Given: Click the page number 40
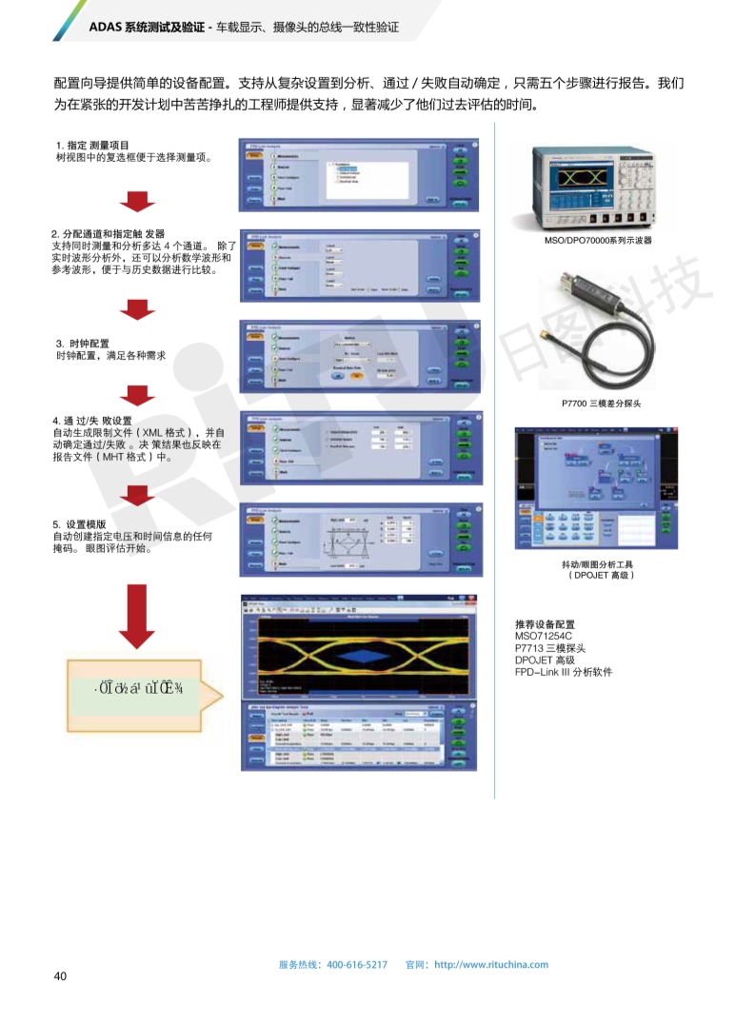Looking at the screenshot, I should (60, 976).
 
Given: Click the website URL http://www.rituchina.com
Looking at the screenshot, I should (491, 964).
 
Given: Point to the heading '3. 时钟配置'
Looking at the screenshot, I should (83, 343).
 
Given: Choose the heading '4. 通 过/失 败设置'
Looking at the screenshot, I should (92, 421).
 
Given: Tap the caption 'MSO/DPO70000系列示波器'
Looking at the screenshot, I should (599, 241).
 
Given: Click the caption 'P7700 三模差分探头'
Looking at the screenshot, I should (602, 404).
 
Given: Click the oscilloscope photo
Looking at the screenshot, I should (599, 183).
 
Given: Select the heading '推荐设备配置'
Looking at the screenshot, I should (545, 623).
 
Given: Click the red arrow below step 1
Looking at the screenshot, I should (137, 201).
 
